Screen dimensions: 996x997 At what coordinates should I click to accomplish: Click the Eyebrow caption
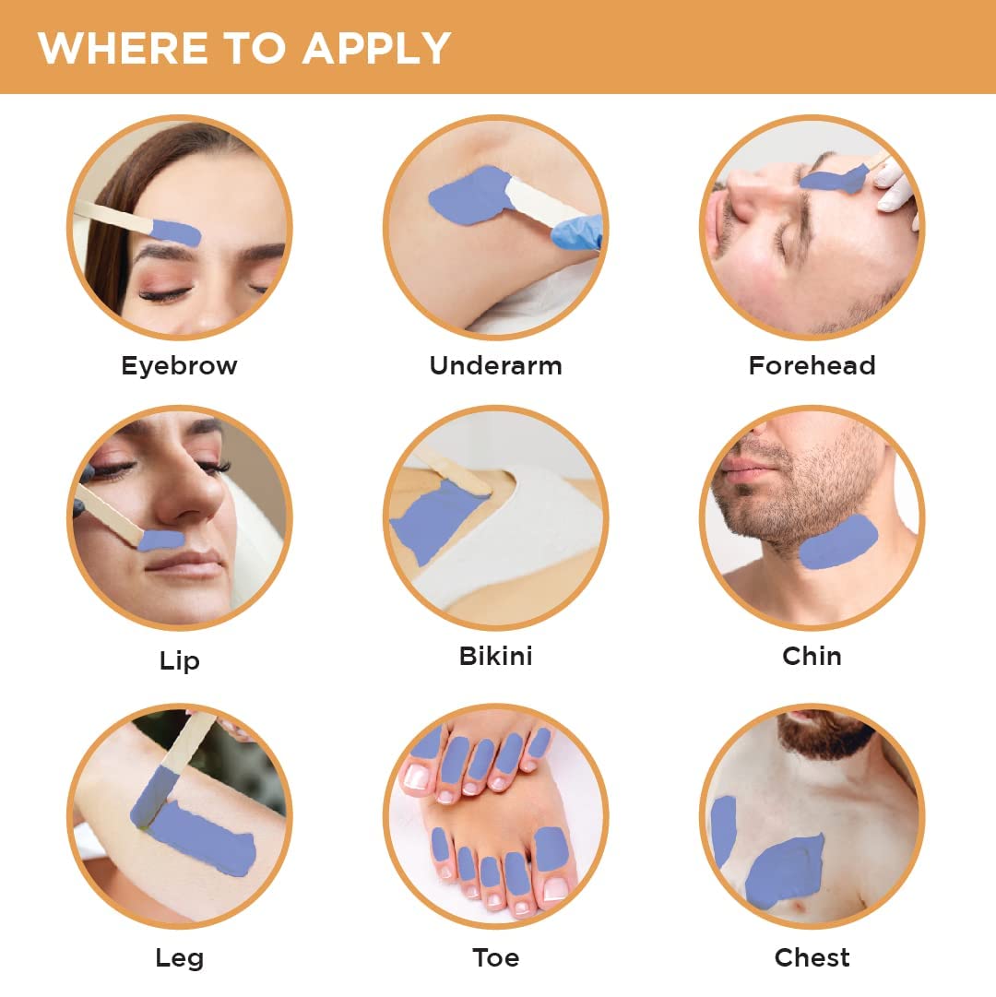point(179,366)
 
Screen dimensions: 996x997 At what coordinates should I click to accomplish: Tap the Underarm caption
point(496,365)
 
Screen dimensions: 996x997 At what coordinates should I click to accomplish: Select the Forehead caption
point(812,365)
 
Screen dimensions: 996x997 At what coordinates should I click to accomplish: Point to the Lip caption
point(179,660)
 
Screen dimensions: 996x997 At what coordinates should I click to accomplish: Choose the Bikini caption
point(496,656)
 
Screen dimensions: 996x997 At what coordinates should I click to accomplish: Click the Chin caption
point(812,656)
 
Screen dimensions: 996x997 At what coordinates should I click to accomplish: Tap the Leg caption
point(179,957)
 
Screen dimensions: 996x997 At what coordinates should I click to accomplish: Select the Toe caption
point(496,957)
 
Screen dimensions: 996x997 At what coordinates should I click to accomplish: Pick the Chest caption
point(812,957)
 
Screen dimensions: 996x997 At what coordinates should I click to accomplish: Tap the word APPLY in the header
point(376,48)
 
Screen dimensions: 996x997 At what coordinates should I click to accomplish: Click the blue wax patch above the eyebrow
point(176,232)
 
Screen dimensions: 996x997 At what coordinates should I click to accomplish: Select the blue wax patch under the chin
point(838,542)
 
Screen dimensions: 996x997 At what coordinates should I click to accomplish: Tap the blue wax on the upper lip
point(160,540)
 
